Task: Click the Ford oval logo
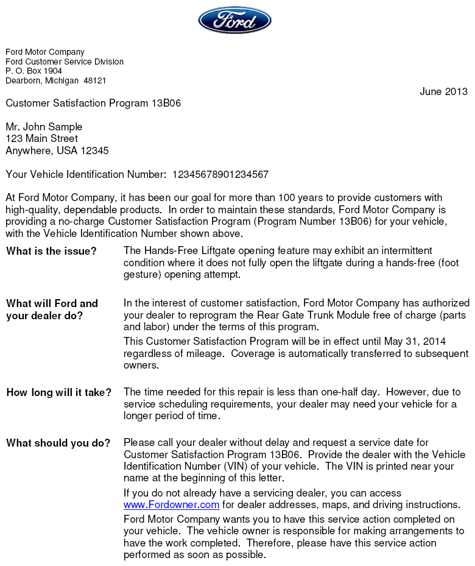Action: [234, 20]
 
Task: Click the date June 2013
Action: [443, 92]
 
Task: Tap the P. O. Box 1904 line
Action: [34, 71]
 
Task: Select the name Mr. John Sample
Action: [44, 127]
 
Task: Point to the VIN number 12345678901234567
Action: [220, 175]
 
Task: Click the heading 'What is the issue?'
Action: [51, 251]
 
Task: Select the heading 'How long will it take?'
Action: [59, 392]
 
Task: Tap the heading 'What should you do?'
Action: [58, 443]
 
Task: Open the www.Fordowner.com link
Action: [171, 505]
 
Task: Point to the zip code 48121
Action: [95, 81]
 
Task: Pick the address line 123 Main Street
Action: [41, 139]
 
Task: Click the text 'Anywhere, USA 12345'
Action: [57, 150]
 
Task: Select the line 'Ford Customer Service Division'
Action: [65, 62]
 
